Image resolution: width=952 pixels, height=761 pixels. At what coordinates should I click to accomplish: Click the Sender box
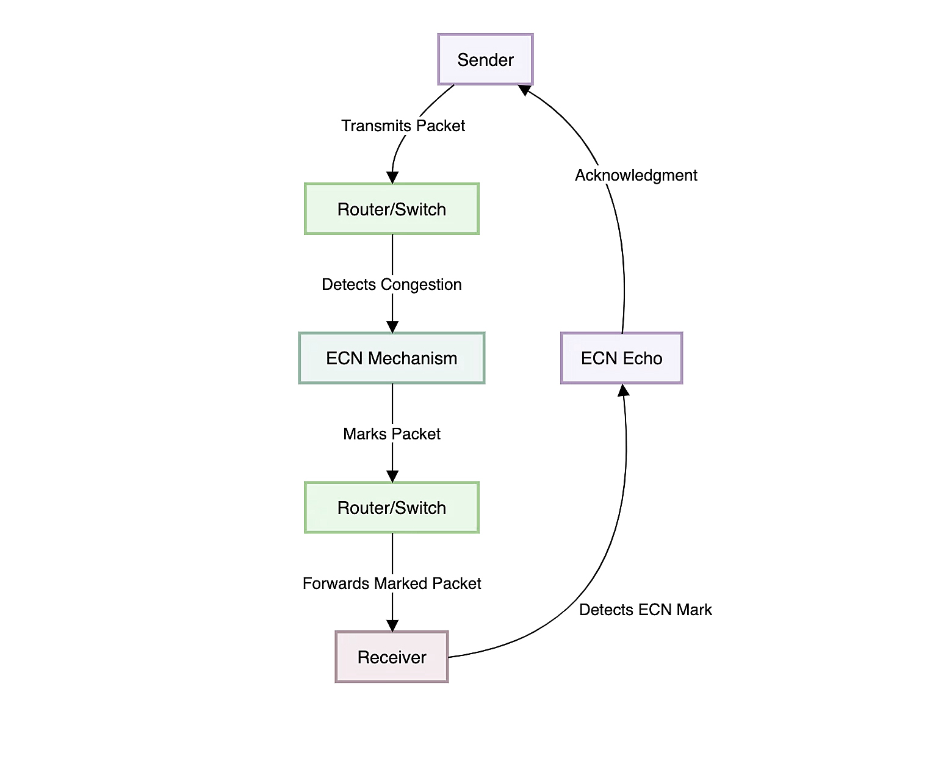(485, 59)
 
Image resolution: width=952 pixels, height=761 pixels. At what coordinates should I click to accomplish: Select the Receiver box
(392, 657)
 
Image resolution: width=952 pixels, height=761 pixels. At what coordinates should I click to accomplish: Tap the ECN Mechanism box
(392, 358)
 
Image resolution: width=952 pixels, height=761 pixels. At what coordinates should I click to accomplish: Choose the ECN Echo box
(621, 358)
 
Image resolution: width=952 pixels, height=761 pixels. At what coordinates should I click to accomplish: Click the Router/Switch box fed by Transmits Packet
(392, 209)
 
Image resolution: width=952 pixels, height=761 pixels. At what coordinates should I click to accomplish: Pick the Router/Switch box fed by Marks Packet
(392, 507)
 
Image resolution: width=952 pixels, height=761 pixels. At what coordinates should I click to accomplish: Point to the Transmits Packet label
(403, 126)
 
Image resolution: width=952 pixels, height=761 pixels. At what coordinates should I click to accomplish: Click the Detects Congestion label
(392, 284)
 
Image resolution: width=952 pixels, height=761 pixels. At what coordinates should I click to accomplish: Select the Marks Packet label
(392, 434)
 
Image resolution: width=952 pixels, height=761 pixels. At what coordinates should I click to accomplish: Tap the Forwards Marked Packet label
(392, 583)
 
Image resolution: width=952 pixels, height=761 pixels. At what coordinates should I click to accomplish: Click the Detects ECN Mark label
(645, 610)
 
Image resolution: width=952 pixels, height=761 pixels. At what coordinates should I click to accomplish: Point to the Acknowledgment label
(636, 175)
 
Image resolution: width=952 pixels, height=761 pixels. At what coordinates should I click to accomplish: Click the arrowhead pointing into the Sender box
(524, 90)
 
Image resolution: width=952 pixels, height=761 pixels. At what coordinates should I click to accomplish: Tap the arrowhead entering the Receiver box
(392, 626)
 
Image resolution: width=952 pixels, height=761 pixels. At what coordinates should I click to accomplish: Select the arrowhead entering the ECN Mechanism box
(392, 327)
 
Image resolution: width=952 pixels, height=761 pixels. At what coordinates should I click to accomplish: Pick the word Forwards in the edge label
(336, 583)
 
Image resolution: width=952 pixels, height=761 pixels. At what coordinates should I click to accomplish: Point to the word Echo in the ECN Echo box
(642, 358)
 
